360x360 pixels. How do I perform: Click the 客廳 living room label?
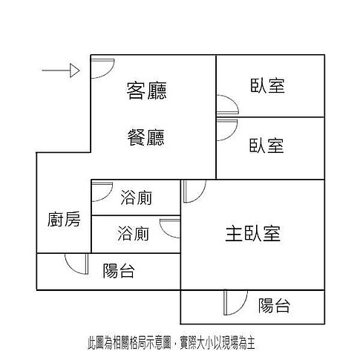(x=147, y=91)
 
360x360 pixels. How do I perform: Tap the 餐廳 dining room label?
(x=146, y=137)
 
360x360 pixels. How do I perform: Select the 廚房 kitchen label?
(x=64, y=219)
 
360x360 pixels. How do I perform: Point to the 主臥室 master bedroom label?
(x=253, y=233)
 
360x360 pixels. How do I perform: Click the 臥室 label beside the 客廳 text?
(x=267, y=86)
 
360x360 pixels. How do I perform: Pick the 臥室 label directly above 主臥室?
(x=266, y=145)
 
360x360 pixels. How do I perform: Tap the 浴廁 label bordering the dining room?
(x=137, y=197)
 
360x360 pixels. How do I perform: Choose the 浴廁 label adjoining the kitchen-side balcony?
(x=134, y=233)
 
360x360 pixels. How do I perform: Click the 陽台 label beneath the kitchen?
(x=119, y=271)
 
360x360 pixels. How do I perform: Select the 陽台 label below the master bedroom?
(x=274, y=305)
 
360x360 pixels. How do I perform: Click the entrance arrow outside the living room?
(x=61, y=71)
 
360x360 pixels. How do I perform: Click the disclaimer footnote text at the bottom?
(x=171, y=343)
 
